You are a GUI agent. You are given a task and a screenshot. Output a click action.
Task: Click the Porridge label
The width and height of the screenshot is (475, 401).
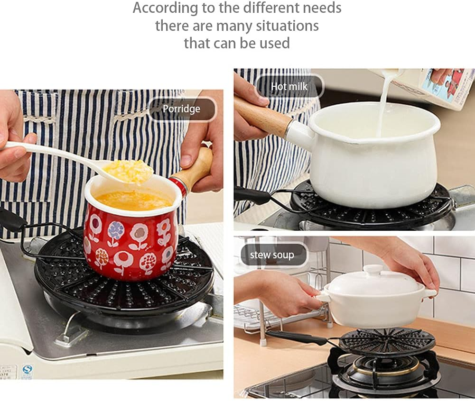tap(181, 109)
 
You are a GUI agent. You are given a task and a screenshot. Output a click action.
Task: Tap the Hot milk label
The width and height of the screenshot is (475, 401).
tap(289, 87)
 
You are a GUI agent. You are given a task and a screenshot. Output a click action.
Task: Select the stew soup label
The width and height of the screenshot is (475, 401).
tap(272, 255)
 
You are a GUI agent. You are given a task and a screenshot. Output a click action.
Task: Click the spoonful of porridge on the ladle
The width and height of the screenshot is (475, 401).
tap(128, 171)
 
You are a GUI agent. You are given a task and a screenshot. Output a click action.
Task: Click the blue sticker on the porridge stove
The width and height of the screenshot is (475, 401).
tap(27, 369)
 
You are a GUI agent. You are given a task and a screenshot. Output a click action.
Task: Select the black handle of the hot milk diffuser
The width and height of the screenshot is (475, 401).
tap(251, 195)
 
